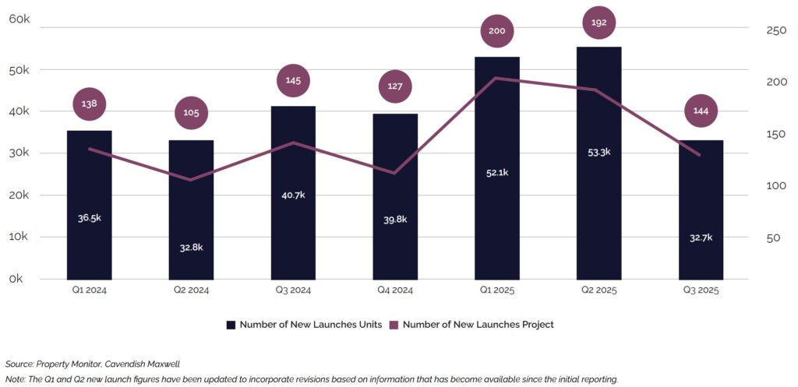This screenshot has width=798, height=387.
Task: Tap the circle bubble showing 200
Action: (497, 31)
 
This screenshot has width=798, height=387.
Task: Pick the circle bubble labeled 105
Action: (191, 112)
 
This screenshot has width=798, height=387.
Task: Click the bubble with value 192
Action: (598, 23)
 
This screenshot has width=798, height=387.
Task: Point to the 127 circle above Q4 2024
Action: (395, 86)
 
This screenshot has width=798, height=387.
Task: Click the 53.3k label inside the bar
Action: (598, 152)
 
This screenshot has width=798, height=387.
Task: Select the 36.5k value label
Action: (89, 218)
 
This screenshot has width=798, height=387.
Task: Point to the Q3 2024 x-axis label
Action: (293, 290)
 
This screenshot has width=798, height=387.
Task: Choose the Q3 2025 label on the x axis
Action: (701, 290)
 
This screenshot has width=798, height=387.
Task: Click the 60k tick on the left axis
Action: (19, 19)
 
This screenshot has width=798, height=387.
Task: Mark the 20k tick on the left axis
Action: (19, 195)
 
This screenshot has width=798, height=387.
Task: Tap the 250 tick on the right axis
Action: (754, 30)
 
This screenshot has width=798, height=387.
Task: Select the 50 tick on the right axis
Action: (751, 238)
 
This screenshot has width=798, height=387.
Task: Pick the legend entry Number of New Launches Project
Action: (482, 325)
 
